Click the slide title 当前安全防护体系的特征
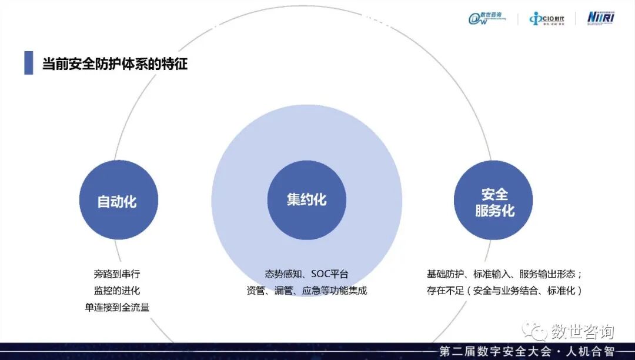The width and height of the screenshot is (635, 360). pos(115,64)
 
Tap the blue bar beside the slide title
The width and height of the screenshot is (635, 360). pos(28,63)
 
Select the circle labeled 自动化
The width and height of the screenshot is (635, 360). pos(118,201)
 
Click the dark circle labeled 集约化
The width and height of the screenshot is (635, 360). pos(306,201)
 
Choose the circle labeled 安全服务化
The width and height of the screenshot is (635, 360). pos(494,201)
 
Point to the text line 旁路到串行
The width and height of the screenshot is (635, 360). pos(116,274)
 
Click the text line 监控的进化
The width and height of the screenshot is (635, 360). pos(116,291)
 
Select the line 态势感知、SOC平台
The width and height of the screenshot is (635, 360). pos(306,274)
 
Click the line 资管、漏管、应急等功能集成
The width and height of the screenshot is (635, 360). pos(306,291)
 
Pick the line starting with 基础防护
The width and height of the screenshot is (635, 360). pos(504,274)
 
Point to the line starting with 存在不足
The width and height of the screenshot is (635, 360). pos(504,291)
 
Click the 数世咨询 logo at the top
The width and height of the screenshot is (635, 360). pos(487,18)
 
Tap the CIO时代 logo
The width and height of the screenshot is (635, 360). pos(547,19)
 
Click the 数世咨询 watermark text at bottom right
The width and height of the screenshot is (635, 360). pos(582,331)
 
